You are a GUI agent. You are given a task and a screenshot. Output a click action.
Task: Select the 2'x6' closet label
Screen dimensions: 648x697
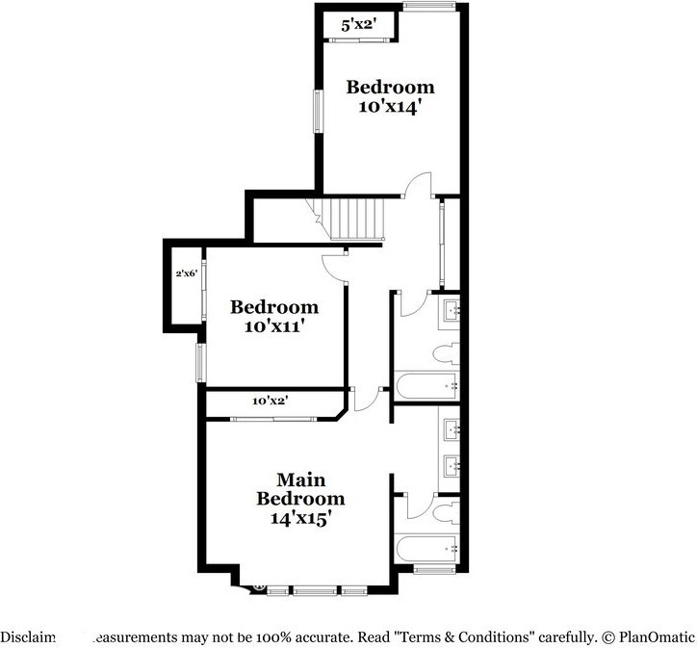pos(186,274)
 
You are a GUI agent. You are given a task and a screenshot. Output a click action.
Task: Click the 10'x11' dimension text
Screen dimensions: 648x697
pos(273,326)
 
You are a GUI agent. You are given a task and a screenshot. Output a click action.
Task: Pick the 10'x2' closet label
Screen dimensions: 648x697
pos(271,400)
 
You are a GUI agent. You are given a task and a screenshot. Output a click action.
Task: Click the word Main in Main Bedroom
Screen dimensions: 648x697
pos(300,480)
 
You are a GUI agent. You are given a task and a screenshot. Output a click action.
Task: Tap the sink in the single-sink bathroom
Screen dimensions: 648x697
pos(452,309)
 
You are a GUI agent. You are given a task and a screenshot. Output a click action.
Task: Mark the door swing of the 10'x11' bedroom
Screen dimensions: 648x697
pos(334,265)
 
